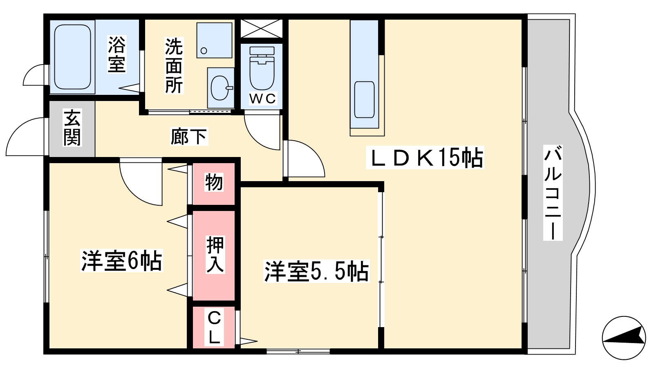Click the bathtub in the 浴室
coord(73,57)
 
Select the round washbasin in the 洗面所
coord(221,88)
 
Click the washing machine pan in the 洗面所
coord(214,40)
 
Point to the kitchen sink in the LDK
coord(364,100)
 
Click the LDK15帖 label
coord(425,157)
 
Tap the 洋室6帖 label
coord(121,261)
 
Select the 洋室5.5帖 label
coord(316,271)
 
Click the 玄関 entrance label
coord(72,127)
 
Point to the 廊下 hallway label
coord(189,137)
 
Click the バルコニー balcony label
coord(553,193)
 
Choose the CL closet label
coord(214,328)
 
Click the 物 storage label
coord(214,182)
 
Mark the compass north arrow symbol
coord(624,338)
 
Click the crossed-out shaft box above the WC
coord(262,28)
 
